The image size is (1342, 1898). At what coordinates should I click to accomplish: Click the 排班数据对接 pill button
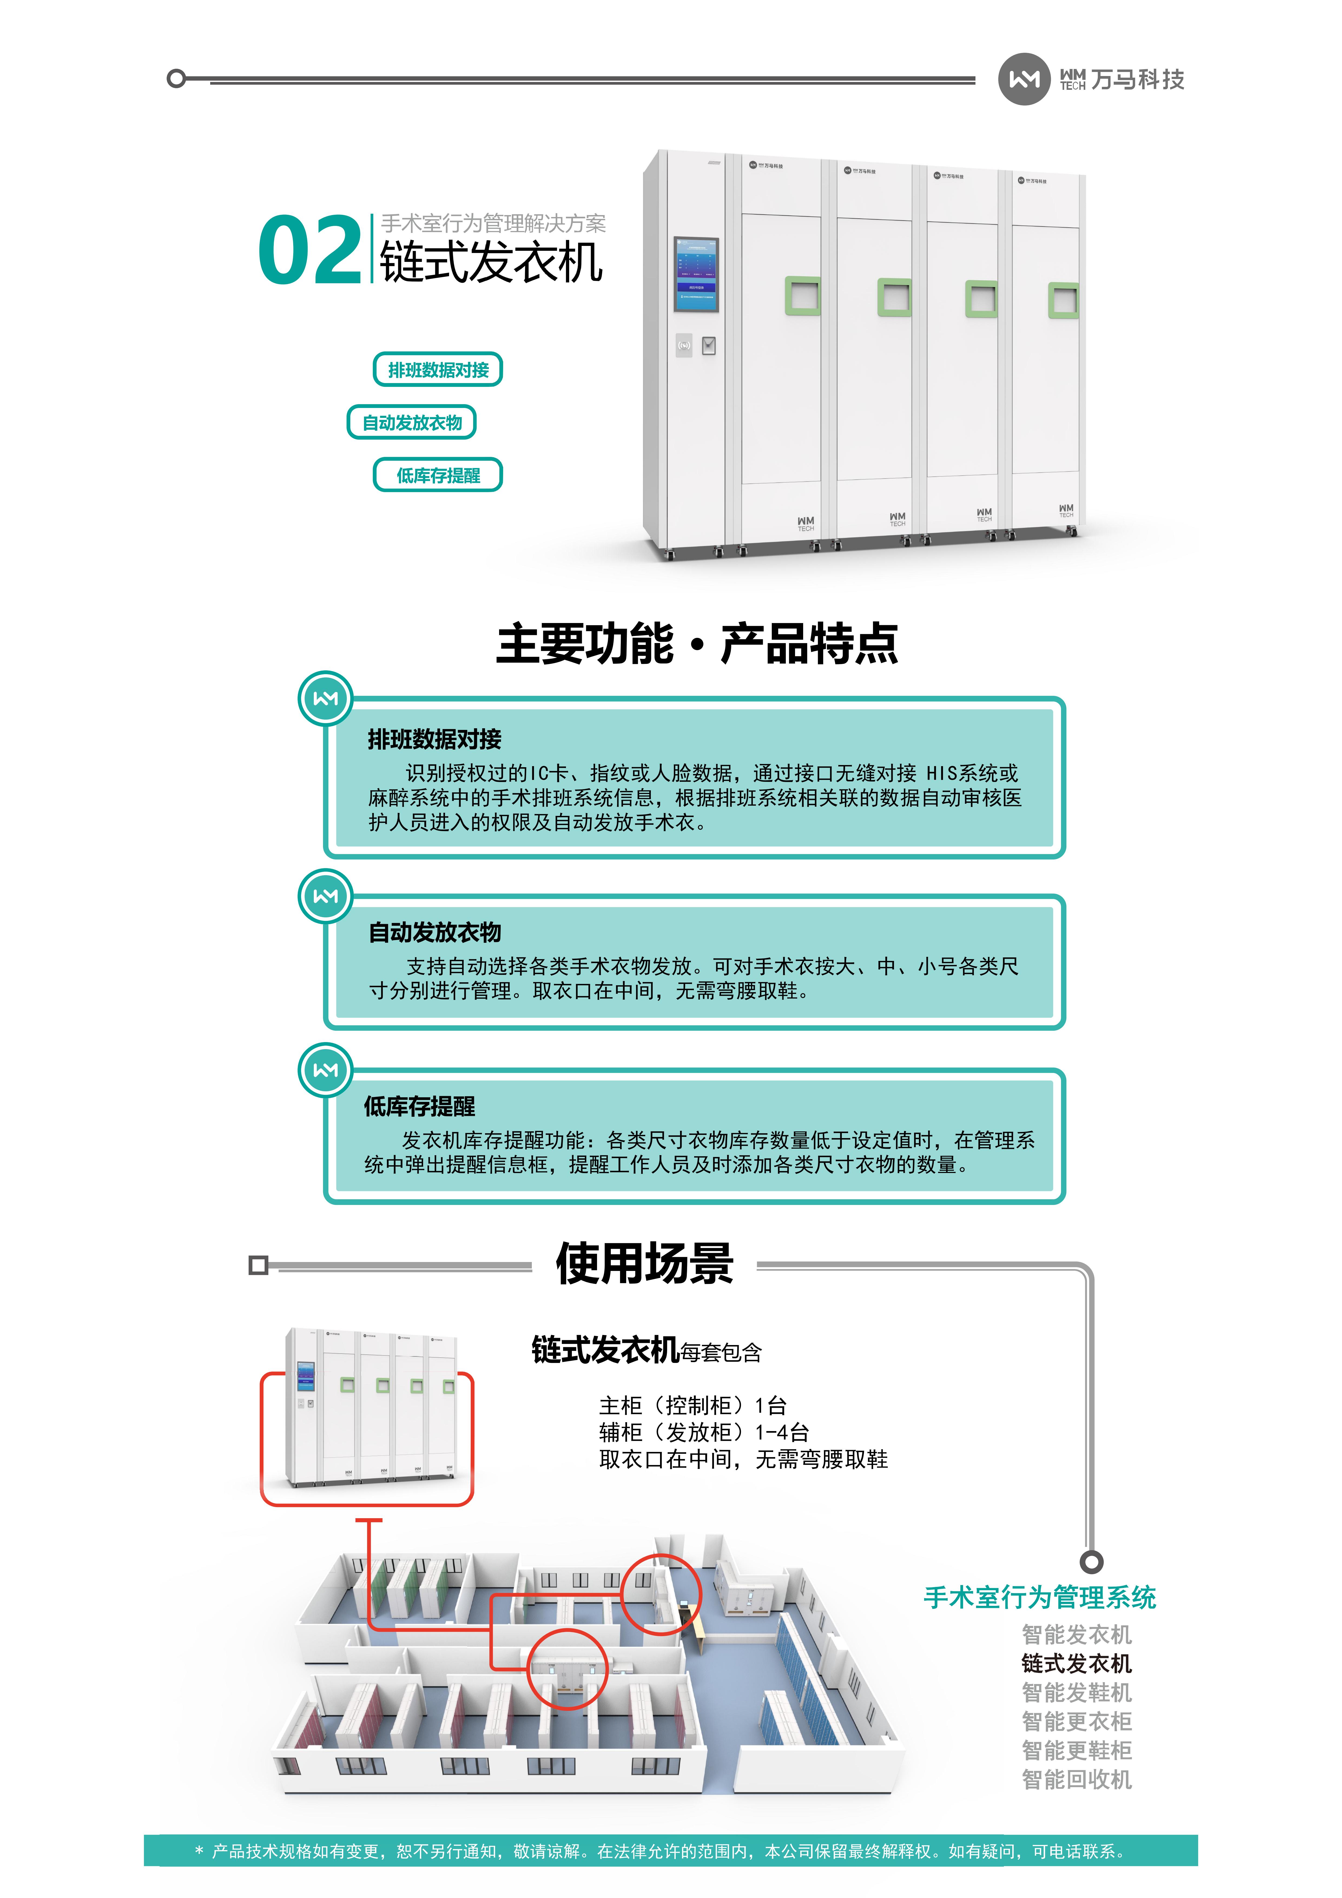click(x=438, y=370)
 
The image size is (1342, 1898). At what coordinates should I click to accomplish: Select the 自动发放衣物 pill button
click(x=412, y=422)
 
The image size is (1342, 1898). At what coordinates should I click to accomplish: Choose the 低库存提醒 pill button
click(x=438, y=475)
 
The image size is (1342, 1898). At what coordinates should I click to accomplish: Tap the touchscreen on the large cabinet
click(x=696, y=275)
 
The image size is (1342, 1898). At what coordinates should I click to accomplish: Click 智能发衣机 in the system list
click(x=1076, y=1634)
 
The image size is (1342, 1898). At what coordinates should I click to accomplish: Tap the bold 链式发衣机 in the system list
click(x=1076, y=1663)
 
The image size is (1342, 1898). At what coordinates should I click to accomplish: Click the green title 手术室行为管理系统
click(x=1039, y=1597)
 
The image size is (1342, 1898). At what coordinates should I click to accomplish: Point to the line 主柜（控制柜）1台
click(x=692, y=1405)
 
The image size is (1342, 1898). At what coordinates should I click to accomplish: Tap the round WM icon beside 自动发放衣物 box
click(x=325, y=896)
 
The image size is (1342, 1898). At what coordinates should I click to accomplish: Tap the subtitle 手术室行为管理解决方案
click(x=493, y=223)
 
